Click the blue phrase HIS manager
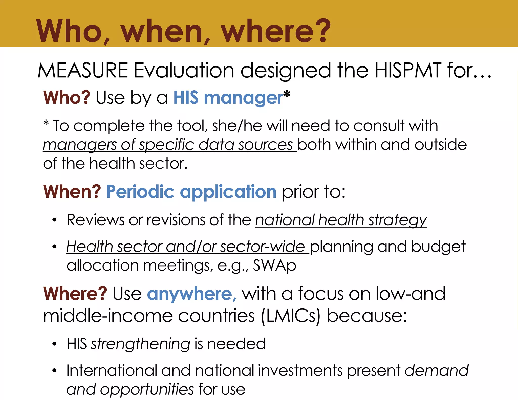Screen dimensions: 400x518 [x=228, y=98]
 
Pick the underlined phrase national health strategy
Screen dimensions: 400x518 [x=341, y=220]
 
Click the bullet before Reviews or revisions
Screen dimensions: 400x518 [x=54, y=220]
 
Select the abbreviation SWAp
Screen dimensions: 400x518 [x=275, y=265]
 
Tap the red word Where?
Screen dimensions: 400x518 [x=75, y=294]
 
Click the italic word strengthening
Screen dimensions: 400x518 [x=141, y=344]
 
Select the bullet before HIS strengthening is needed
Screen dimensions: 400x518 [x=54, y=344]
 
